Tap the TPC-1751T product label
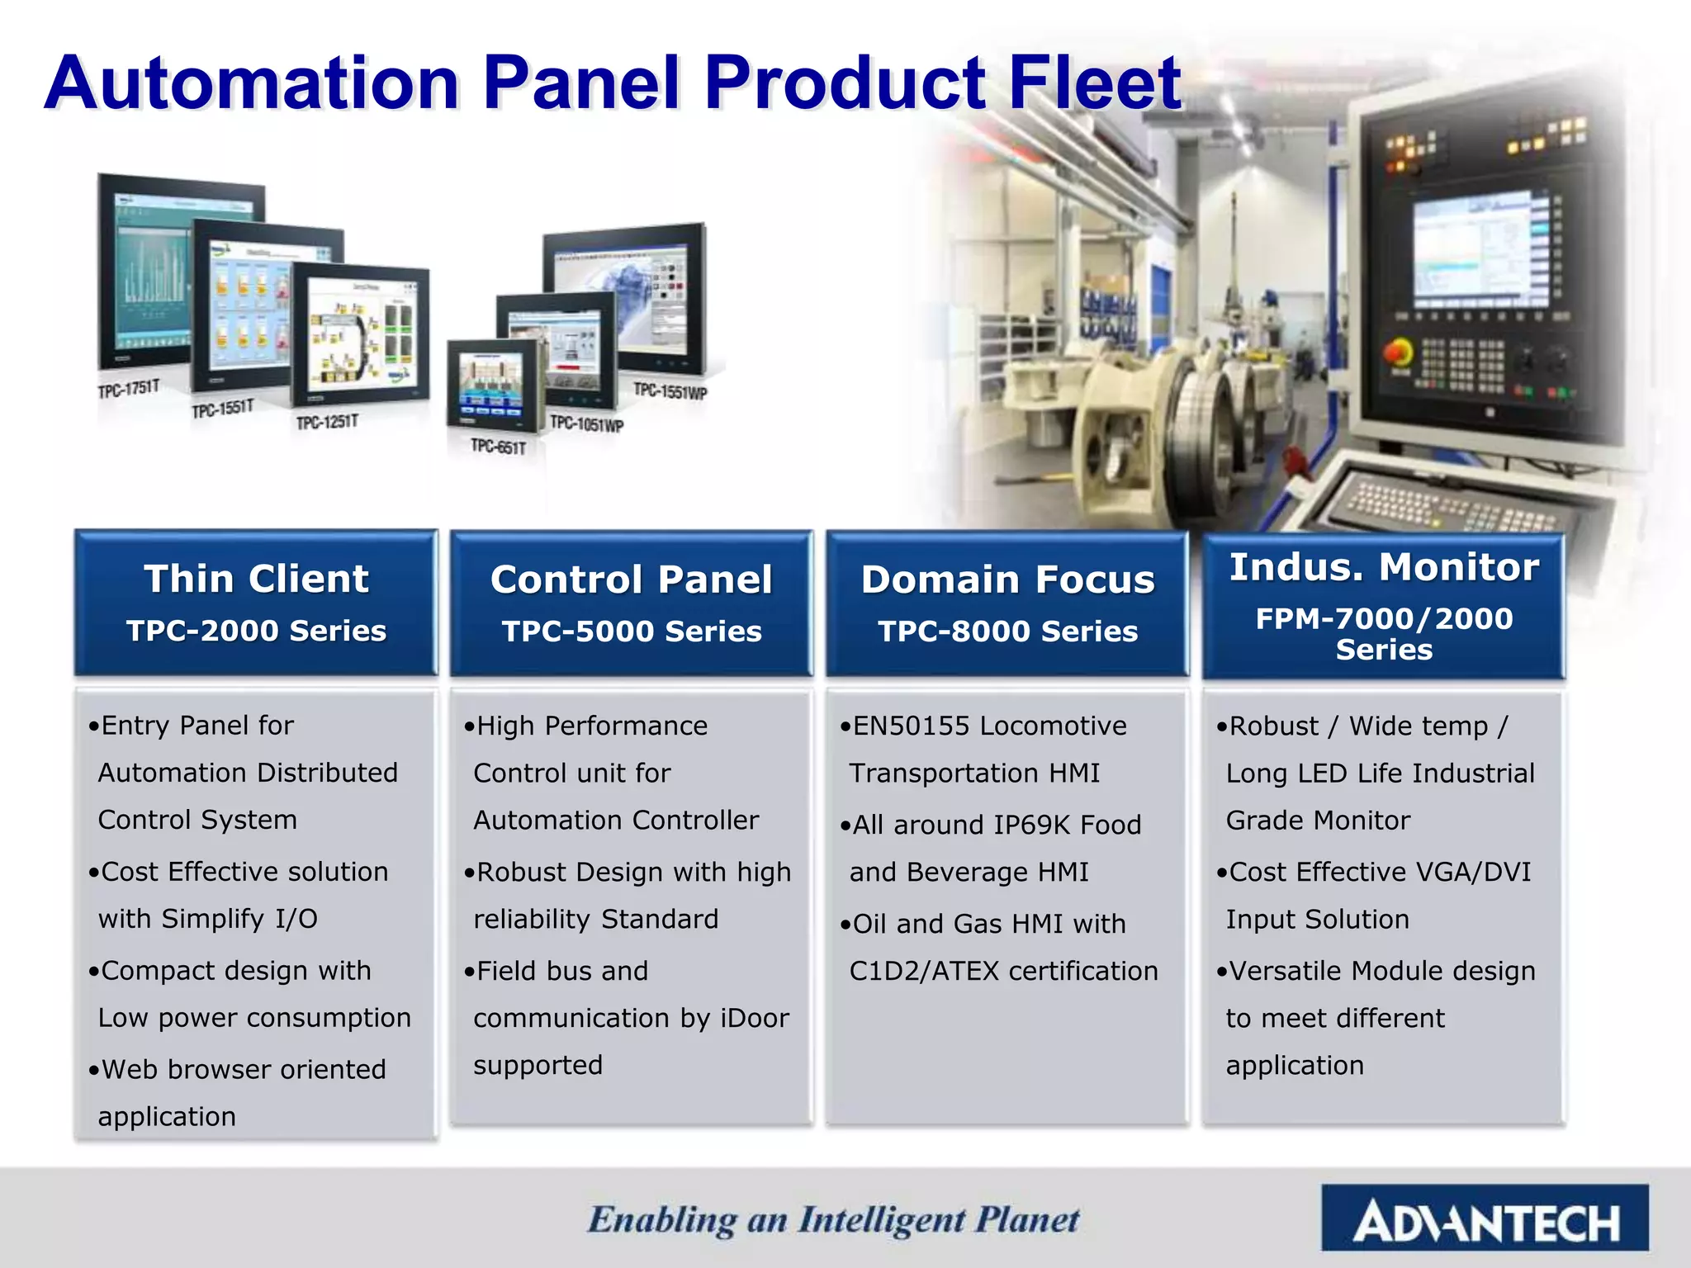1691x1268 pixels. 129,389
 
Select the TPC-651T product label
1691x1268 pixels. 498,447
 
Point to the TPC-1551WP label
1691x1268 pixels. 670,390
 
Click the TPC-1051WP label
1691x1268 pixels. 586,424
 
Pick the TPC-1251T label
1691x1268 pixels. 327,423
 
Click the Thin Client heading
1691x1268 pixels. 256,579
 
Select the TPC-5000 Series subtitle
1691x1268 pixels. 632,632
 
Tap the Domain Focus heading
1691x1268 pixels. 1007,580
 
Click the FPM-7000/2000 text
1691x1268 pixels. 1384,618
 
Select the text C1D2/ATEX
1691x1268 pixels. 925,971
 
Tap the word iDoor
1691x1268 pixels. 755,1018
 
